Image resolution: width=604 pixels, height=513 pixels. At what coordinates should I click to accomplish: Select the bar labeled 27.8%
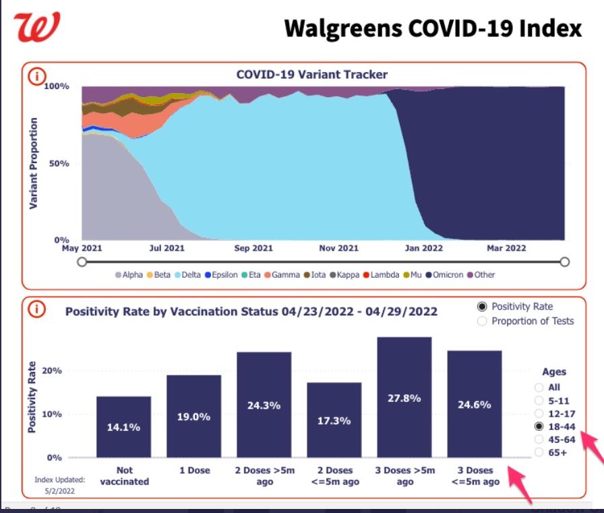pyautogui.click(x=404, y=397)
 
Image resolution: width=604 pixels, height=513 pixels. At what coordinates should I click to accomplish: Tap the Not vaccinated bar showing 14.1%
pyautogui.click(x=124, y=427)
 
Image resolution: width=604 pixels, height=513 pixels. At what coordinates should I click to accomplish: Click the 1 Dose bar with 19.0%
pyautogui.click(x=194, y=416)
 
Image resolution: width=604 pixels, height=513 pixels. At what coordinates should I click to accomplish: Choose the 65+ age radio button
pyautogui.click(x=539, y=452)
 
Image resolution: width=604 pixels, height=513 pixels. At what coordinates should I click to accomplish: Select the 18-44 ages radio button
pyautogui.click(x=539, y=427)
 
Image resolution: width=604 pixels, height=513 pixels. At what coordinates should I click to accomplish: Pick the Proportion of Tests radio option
pyautogui.click(x=482, y=321)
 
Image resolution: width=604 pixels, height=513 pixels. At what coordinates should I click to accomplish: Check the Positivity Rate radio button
pyautogui.click(x=482, y=307)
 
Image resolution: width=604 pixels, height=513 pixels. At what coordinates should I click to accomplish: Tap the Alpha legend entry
pyautogui.click(x=128, y=275)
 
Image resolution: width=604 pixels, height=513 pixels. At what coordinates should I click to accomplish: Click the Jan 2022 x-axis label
pyautogui.click(x=423, y=248)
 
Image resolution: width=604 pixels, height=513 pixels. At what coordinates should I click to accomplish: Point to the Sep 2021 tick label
pyautogui.click(x=253, y=248)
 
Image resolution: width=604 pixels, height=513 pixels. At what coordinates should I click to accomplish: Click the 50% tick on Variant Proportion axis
pyautogui.click(x=61, y=164)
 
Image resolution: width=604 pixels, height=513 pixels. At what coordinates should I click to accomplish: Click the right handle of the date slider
pyautogui.click(x=565, y=262)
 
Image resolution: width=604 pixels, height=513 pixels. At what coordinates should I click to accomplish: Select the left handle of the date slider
pyautogui.click(x=82, y=262)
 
